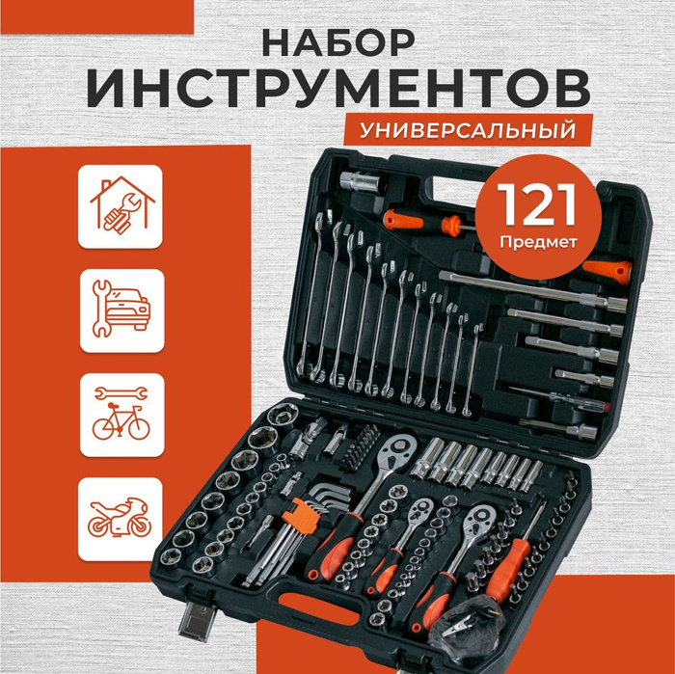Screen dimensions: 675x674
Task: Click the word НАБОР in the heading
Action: point(337,43)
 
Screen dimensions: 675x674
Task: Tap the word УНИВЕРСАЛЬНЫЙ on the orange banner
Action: point(468,130)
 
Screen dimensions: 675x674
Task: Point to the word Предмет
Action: point(538,242)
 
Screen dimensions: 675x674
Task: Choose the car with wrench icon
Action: point(121,309)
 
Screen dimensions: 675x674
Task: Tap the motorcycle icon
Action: point(120,518)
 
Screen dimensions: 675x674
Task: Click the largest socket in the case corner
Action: point(283,415)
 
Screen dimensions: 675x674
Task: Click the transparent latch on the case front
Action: point(197,618)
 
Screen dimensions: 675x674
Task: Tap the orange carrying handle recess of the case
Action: point(318,607)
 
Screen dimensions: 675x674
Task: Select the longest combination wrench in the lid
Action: point(310,293)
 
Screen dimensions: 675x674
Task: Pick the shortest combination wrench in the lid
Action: point(472,370)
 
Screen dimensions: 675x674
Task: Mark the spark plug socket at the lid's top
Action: point(360,181)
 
